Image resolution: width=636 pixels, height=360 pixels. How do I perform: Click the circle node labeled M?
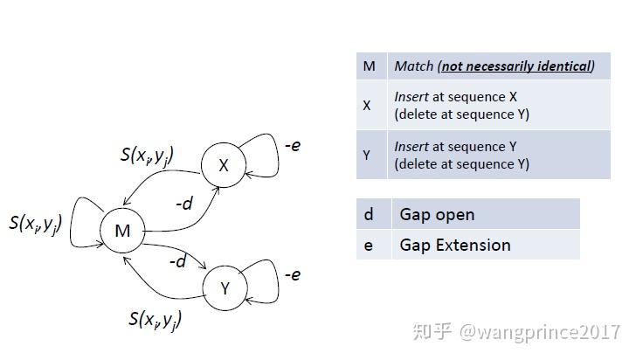pos(121,231)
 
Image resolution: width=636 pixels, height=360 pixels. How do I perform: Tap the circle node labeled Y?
pos(224,287)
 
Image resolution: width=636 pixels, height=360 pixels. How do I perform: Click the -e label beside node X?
pos(293,145)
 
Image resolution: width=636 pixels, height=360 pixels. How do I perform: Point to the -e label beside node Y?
pos(293,274)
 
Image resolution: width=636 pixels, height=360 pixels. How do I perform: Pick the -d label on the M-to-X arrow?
pos(184,204)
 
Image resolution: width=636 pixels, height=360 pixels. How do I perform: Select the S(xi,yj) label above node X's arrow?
pos(146,156)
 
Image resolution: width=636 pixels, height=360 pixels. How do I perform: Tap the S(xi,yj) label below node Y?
pos(155,320)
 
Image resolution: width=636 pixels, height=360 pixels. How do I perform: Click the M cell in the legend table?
pos(369,66)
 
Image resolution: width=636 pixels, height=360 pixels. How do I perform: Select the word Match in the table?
pos(413,66)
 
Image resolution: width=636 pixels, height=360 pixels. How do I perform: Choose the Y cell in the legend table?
pos(367,155)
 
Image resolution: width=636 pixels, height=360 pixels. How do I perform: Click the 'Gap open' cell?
pos(437,214)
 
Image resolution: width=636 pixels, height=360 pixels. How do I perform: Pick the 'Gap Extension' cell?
pos(454,245)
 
